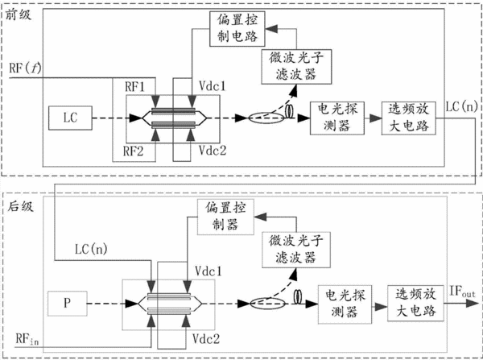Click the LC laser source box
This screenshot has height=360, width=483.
pos(70,118)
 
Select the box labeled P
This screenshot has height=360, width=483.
pos(68,304)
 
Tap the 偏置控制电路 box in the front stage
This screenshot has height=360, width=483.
pos(237,29)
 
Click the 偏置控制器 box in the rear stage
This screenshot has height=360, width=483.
pos(225,217)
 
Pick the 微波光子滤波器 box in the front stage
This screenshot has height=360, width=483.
pos(296,67)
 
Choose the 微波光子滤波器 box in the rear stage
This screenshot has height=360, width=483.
pos(296,250)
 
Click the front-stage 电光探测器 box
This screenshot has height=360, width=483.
pos(337,118)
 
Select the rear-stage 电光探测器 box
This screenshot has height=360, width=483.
pos(345,304)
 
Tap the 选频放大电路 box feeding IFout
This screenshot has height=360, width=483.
pos(415,304)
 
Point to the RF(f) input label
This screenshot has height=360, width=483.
pos(25,68)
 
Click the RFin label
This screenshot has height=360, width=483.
pos(27,339)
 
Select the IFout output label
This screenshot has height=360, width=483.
pos(462,292)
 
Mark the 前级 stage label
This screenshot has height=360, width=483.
pos(19,14)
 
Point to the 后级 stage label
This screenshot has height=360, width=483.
pos(20,206)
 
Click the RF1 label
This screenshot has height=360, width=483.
pos(134,87)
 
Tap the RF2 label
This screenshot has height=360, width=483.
pos(133,151)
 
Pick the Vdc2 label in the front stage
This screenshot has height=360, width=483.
pos(213,151)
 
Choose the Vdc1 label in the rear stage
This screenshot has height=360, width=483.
pos(208,271)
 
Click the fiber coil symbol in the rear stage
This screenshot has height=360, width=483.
pos(298,297)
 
